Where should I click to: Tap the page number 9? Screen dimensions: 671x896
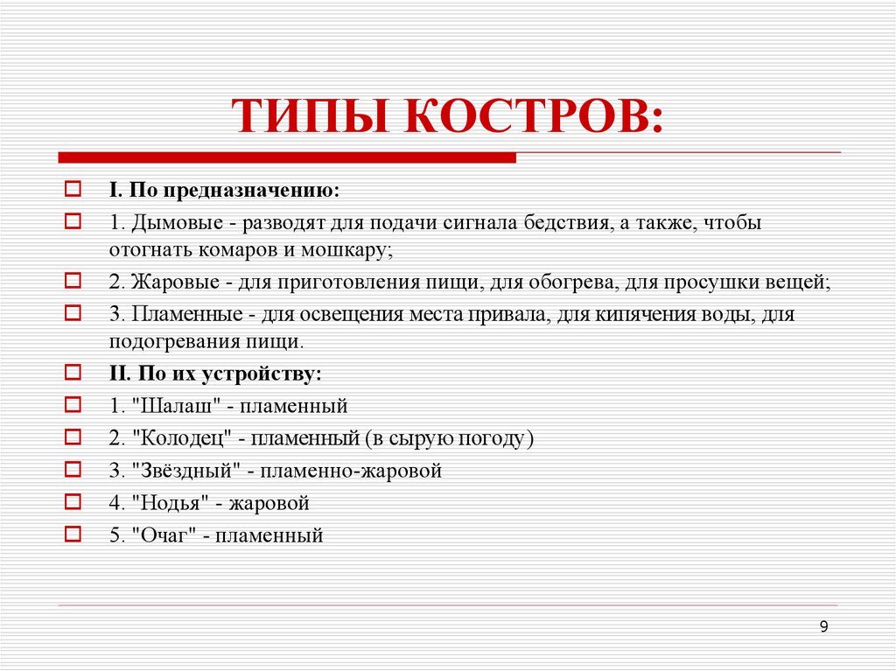coord(824,626)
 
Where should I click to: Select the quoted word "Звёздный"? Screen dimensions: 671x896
coord(185,471)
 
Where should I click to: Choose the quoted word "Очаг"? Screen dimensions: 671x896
coord(161,535)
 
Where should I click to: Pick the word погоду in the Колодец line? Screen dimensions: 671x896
coord(495,438)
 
